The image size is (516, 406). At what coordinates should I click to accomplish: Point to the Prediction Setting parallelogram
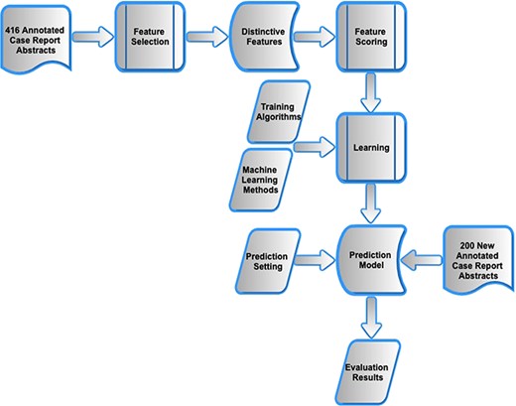tap(266, 261)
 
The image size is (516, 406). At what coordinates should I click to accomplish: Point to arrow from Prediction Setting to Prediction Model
tap(316, 261)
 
